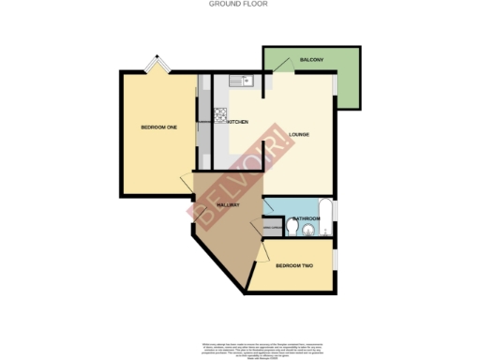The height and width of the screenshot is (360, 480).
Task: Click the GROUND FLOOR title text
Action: (x=240, y=4)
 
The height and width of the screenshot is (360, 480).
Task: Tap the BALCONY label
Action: (x=312, y=59)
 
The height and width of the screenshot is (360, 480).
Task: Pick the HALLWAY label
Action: (x=230, y=203)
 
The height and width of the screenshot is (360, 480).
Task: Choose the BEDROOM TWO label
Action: (x=294, y=266)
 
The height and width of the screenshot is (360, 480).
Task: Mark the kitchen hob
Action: (x=222, y=116)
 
